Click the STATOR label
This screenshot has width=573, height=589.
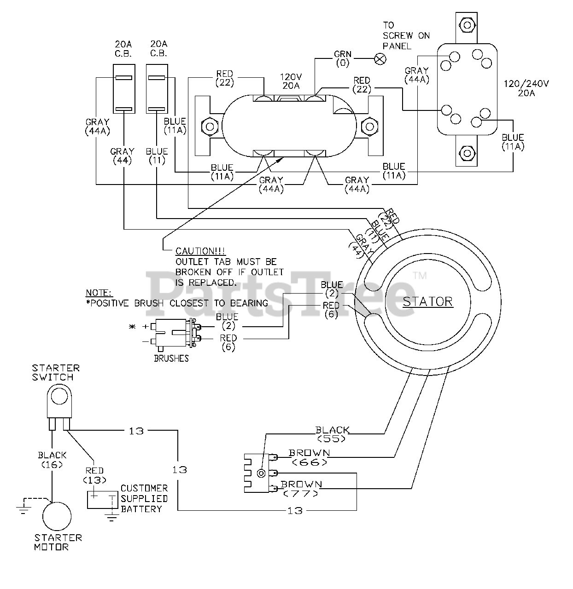[427, 302]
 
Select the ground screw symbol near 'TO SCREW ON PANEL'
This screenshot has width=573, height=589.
[380, 59]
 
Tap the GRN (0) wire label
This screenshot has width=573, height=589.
[343, 58]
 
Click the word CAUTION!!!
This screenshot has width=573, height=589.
[200, 251]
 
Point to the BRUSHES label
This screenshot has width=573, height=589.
[171, 358]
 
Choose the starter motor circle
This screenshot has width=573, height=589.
[57, 516]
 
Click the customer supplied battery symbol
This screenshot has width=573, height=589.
[102, 500]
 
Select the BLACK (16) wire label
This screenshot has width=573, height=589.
[52, 459]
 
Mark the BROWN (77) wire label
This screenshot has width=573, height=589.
[301, 489]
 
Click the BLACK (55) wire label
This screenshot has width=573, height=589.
[333, 434]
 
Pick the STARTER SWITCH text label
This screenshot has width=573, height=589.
[56, 373]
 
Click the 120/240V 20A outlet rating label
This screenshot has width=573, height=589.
[526, 88]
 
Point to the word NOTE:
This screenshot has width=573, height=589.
[99, 293]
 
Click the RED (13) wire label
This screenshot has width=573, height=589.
[94, 475]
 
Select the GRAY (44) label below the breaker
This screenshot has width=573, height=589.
[123, 156]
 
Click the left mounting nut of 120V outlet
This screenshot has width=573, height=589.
[210, 126]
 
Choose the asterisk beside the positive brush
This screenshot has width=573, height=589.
[132, 327]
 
